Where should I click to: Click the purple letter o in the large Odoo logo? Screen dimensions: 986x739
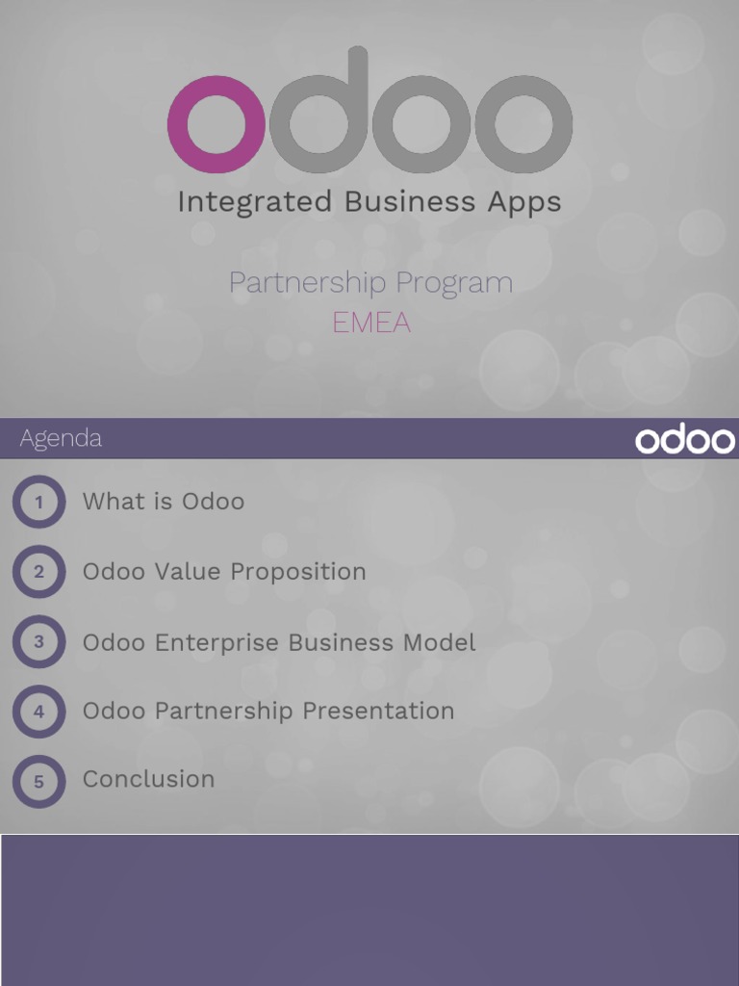pyautogui.click(x=217, y=124)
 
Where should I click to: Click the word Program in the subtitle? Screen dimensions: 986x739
pyautogui.click(x=455, y=283)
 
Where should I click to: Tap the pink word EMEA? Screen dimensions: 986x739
pyautogui.click(x=371, y=324)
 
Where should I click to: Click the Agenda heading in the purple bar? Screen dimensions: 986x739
pyautogui.click(x=61, y=439)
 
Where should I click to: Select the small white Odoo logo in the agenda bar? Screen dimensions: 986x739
pyautogui.click(x=684, y=440)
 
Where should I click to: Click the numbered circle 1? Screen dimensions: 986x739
pyautogui.click(x=38, y=502)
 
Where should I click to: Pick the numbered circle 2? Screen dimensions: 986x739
pyautogui.click(x=38, y=572)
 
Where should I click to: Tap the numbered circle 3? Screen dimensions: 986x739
pyautogui.click(x=38, y=642)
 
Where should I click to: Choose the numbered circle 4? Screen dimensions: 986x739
pyautogui.click(x=38, y=712)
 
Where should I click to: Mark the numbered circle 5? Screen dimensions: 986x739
pyautogui.click(x=38, y=781)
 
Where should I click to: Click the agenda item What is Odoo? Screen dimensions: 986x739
pyautogui.click(x=164, y=502)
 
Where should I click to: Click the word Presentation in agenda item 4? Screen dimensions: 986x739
pyautogui.click(x=378, y=712)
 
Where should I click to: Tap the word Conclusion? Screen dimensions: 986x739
pyautogui.click(x=148, y=779)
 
